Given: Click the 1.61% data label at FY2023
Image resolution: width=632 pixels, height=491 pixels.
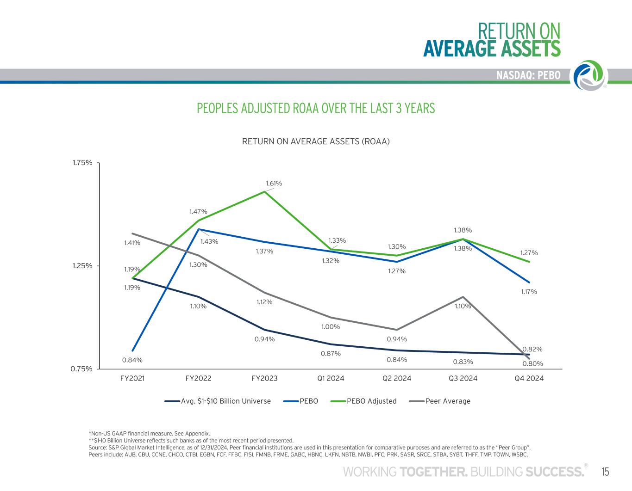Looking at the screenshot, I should click(x=274, y=184).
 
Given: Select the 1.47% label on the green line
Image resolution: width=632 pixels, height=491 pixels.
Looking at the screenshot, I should click(x=198, y=212).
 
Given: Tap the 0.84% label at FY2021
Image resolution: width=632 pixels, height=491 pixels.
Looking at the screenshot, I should click(x=132, y=360).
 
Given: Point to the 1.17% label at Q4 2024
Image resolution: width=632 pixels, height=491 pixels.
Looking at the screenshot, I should click(x=528, y=292).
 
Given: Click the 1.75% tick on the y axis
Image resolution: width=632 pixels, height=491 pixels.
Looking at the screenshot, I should click(x=82, y=163).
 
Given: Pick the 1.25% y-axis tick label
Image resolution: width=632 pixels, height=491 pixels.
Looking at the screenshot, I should click(x=82, y=266).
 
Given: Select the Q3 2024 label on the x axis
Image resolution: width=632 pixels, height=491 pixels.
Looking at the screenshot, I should click(x=463, y=378).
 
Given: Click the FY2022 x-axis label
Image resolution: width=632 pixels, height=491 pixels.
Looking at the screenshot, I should click(x=198, y=378).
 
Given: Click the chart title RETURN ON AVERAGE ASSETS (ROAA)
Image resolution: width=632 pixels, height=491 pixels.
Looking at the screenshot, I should click(x=316, y=141).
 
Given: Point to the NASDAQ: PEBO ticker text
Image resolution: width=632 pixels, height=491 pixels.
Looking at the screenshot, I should click(x=528, y=75).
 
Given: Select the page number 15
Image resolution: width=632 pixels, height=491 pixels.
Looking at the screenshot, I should click(x=605, y=472).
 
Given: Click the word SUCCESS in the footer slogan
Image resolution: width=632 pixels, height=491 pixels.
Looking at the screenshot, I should click(x=555, y=472).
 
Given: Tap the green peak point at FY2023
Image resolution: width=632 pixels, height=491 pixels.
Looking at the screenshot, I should click(x=264, y=191).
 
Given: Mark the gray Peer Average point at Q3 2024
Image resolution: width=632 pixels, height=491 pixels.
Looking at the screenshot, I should click(x=463, y=297).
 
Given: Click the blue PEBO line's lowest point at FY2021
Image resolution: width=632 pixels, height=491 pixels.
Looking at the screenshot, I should click(x=132, y=350).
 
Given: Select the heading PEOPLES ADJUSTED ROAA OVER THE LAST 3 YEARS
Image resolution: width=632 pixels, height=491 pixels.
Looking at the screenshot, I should click(x=316, y=108).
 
